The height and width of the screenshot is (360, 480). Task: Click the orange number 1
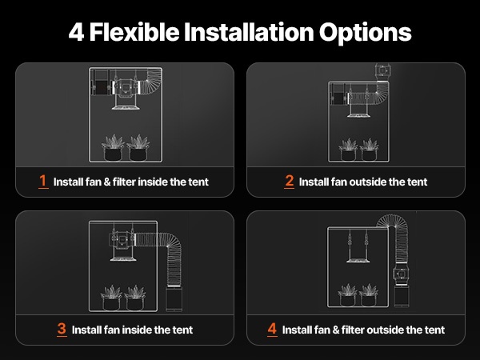tap(43, 181)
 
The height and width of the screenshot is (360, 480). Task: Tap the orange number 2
tap(290, 181)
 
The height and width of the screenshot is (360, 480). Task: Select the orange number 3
tap(62, 329)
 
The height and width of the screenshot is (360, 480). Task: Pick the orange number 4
tap(272, 329)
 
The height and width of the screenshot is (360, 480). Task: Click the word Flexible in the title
tap(134, 32)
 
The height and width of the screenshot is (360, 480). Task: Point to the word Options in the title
tap(366, 33)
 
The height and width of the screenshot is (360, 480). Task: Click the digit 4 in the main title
tap(76, 32)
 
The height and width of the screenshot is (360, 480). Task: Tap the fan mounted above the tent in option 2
tap(382, 71)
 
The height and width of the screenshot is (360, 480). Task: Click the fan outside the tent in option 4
tap(401, 274)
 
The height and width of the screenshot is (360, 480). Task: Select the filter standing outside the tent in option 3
tap(174, 298)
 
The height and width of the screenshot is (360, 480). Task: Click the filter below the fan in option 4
tap(402, 295)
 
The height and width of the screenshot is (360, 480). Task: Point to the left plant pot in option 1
tap(114, 153)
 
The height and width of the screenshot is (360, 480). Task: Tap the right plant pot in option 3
tap(134, 302)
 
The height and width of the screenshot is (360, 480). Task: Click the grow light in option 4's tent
tap(358, 260)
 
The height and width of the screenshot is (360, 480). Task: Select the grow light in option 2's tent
tap(358, 114)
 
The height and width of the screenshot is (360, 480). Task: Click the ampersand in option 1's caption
tap(107, 182)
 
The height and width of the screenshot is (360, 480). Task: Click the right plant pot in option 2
tap(369, 154)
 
